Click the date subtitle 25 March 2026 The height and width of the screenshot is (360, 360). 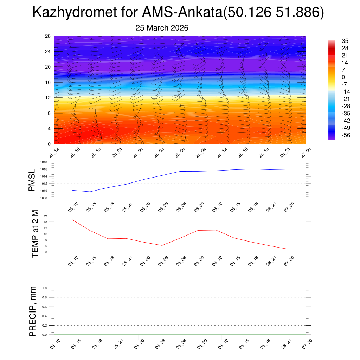(x=162, y=28)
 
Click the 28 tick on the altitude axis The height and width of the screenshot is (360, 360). (x=48, y=36)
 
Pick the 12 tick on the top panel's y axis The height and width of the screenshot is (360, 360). (x=48, y=97)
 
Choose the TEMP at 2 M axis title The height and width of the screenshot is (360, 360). (x=35, y=234)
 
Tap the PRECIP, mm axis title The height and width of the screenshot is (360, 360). (x=33, y=311)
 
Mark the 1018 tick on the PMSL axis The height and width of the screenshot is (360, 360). (x=43, y=162)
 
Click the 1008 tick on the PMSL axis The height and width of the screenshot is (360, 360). (x=43, y=198)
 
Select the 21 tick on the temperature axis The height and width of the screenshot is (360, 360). (x=46, y=216)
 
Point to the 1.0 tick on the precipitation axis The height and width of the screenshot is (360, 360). (x=45, y=288)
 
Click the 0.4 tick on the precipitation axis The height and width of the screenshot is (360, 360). (x=45, y=316)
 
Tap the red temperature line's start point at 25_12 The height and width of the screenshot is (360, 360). (x=72, y=219)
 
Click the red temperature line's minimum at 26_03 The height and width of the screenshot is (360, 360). (x=162, y=245)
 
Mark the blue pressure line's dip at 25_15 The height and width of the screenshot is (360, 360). (x=90, y=192)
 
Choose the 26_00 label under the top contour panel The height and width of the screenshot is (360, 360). (x=137, y=153)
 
